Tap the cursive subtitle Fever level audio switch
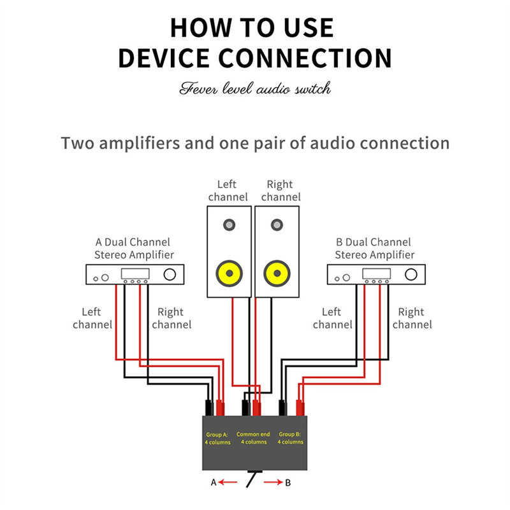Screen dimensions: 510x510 [255, 88]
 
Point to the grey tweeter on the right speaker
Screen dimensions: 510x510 [277, 225]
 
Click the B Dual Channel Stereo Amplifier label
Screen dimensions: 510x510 [374, 249]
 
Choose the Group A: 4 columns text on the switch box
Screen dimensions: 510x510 [217, 438]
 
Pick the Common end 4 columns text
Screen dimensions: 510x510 [253, 438]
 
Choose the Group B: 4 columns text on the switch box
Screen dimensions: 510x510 [290, 438]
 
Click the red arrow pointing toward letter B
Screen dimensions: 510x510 [272, 483]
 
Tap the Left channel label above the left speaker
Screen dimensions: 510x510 [228, 191]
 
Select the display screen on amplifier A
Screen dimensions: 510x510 [135, 274]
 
